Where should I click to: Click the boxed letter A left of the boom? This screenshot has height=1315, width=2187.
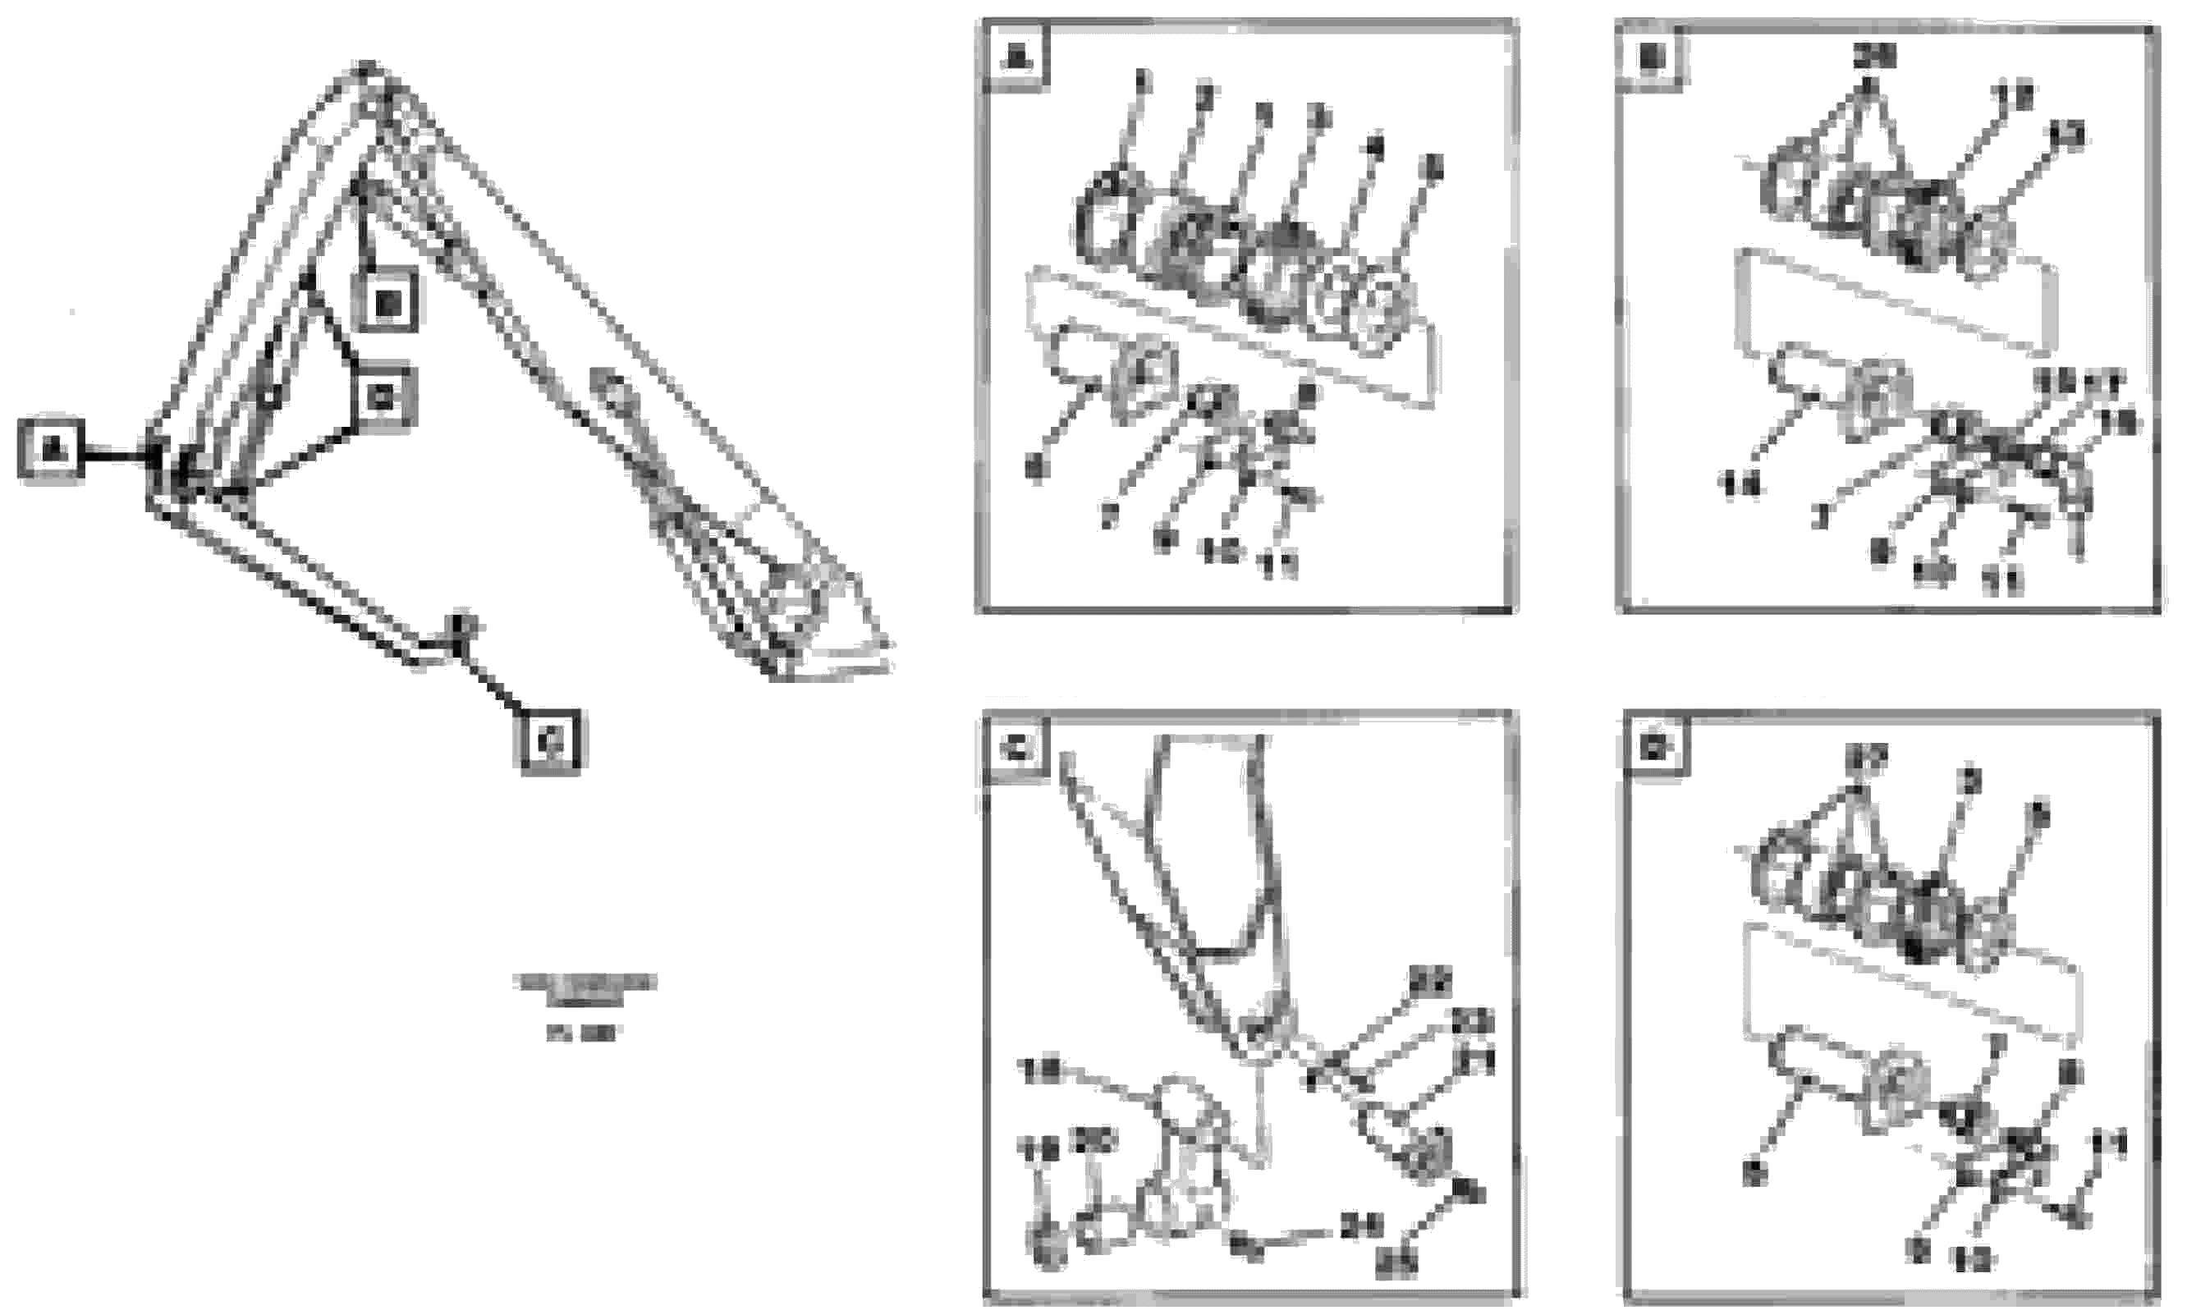52,448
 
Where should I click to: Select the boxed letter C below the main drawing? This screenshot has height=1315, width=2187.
550,740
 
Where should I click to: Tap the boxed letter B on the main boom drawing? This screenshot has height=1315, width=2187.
386,303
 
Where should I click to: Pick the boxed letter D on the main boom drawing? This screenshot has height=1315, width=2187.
382,398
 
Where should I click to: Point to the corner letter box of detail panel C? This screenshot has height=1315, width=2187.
1016,749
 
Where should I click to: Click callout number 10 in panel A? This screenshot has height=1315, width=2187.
1220,551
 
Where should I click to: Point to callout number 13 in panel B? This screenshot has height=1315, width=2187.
2066,135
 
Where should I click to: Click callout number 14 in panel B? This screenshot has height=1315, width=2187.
1740,483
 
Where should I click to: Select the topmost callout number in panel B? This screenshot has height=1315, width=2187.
1874,56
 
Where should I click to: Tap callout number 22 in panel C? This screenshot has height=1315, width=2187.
1430,981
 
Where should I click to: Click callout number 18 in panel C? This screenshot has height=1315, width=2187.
1042,1070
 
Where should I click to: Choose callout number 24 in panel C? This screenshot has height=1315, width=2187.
1361,1226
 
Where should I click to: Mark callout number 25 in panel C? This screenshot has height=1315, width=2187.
1396,1263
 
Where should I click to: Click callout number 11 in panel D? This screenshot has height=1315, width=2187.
2109,1146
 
